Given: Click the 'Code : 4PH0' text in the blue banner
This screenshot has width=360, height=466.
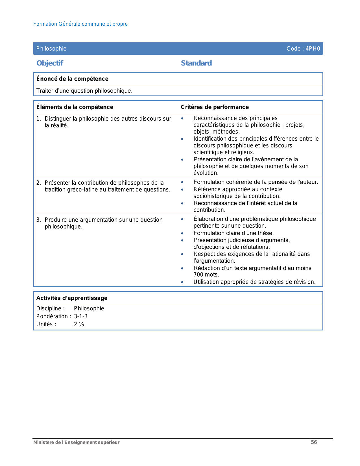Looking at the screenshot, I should click(303, 49).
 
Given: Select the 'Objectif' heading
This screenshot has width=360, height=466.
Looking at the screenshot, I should click(50, 63).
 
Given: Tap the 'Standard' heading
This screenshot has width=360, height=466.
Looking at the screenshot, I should click(196, 63).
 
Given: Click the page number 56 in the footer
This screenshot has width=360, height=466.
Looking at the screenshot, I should click(314, 442).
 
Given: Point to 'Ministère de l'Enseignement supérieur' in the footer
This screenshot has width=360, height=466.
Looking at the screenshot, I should click(76, 442).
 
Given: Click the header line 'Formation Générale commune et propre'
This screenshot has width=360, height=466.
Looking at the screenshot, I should click(80, 24).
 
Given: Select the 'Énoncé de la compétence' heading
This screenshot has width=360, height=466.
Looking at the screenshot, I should click(72, 79).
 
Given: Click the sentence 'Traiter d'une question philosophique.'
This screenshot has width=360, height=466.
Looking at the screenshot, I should click(84, 91).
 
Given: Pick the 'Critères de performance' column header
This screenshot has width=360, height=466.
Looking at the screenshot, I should click(215, 107).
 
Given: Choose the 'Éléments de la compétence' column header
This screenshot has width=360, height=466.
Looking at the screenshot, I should click(75, 107).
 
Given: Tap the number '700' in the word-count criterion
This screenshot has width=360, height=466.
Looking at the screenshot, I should click(198, 275).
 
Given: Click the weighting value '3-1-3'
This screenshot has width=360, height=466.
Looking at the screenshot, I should click(81, 316).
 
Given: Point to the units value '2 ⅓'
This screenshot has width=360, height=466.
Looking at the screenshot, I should click(79, 324).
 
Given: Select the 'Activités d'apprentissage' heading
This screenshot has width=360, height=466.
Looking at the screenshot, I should click(72, 298).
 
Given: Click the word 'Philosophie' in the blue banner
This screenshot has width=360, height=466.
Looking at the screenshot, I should click(51, 49).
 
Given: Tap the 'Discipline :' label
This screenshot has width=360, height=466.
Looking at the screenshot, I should click(51, 308).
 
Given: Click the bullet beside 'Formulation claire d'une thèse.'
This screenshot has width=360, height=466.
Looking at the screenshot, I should click(182, 233).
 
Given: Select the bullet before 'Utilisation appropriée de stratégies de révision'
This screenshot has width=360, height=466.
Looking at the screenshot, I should click(182, 282).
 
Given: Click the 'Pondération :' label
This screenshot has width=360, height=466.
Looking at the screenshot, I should click(54, 316).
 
